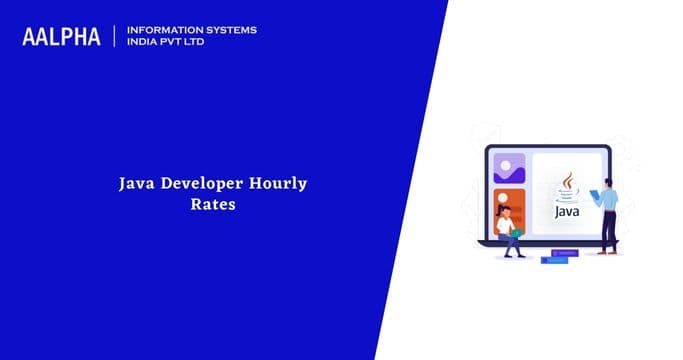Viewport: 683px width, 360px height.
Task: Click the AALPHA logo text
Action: (x=62, y=37)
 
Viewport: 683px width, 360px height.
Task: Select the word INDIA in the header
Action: (x=146, y=43)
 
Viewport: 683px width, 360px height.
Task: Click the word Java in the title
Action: (x=136, y=184)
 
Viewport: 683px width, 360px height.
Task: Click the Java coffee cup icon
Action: (x=568, y=186)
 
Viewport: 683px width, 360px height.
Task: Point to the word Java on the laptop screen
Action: (x=567, y=212)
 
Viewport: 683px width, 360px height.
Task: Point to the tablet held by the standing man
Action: (x=595, y=195)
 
